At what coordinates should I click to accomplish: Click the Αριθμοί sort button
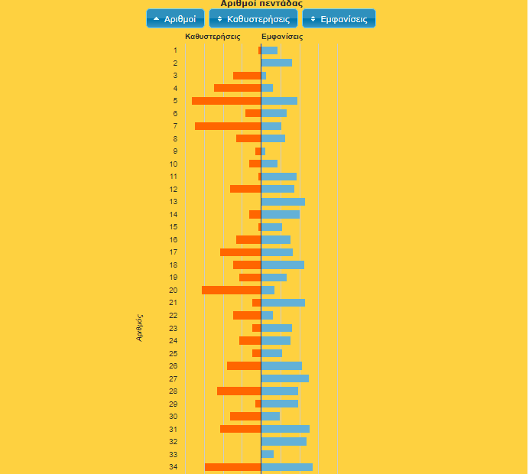click(175, 18)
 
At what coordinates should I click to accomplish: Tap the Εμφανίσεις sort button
click(339, 18)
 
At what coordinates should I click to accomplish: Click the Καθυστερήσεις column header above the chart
click(213, 37)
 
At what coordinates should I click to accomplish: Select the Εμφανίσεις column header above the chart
click(282, 37)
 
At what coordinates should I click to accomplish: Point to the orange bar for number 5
click(226, 101)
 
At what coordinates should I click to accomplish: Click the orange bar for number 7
click(228, 126)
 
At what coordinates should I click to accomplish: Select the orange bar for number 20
click(231, 291)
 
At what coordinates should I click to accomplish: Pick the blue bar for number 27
click(285, 378)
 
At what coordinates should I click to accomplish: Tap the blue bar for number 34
click(287, 467)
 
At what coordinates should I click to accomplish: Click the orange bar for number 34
click(232, 467)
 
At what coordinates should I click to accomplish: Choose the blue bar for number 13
click(283, 202)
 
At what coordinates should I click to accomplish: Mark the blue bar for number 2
click(277, 63)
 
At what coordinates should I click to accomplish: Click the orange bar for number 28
click(239, 391)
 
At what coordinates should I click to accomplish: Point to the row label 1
click(175, 50)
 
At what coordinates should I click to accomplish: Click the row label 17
click(174, 252)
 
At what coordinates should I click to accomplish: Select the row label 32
click(174, 442)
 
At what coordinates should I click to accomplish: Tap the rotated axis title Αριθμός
click(140, 326)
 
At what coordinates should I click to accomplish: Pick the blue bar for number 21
click(283, 303)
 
